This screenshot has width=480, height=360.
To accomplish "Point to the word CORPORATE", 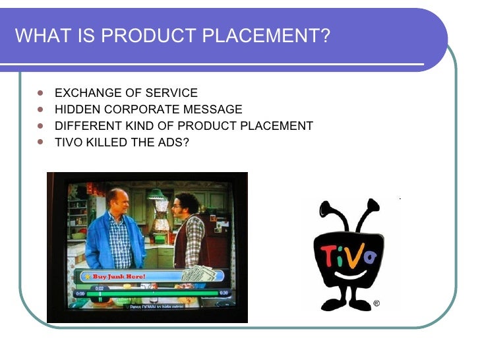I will (134, 109).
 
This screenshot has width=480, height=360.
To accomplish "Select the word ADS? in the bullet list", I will (173, 142).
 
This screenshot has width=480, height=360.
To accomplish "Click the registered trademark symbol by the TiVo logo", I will (376, 304).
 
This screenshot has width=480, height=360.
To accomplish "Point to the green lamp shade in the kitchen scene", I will (156, 195).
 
